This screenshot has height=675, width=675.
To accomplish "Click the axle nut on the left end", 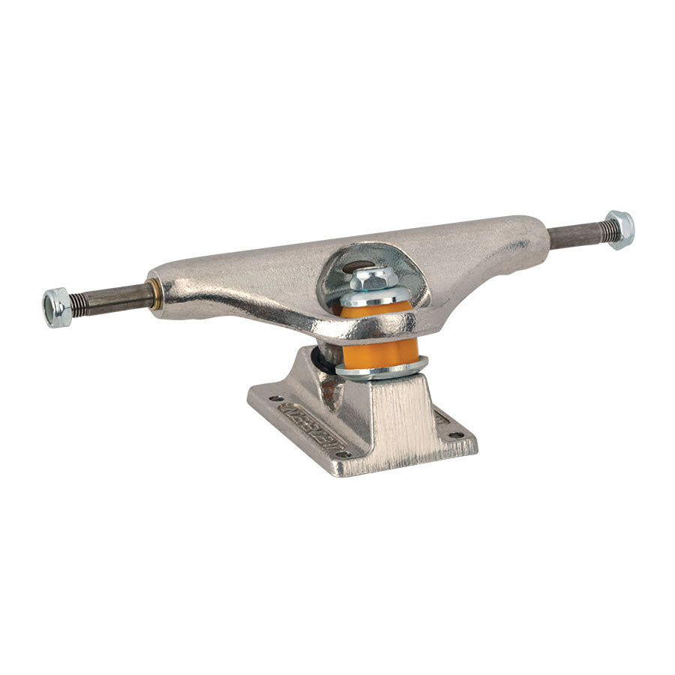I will point(57,307).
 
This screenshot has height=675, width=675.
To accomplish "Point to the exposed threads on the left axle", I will point(79,303).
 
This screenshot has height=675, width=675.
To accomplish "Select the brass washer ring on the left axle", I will point(155,294).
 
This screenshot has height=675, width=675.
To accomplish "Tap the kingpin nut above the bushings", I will point(373,279).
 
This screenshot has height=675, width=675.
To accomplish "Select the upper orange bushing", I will point(377,309).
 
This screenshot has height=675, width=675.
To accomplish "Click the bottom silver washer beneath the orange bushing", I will point(382,368).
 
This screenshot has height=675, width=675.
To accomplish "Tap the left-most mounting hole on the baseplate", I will point(272,398).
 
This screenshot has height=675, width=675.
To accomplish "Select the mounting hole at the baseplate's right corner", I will point(453,434).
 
